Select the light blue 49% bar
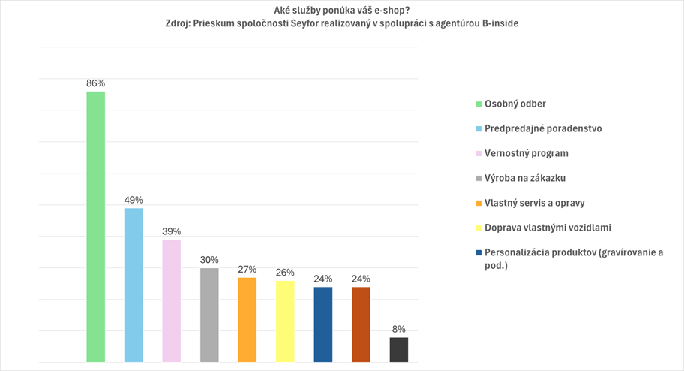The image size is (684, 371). click(x=133, y=285)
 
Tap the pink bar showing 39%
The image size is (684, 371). click(x=171, y=301)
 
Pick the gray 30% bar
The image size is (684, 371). click(x=209, y=315)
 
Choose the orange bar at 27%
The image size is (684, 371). click(x=247, y=320)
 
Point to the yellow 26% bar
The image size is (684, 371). click(x=285, y=321)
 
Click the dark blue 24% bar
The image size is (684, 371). click(x=323, y=324)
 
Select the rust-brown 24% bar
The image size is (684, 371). click(x=361, y=324)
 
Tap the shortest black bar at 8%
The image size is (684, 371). click(x=399, y=350)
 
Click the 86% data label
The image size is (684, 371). click(x=95, y=83)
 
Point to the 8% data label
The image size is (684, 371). click(x=399, y=329)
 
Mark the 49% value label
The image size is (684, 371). click(x=133, y=200)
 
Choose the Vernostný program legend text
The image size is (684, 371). click(x=526, y=153)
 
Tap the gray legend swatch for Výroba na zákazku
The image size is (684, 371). click(x=478, y=179)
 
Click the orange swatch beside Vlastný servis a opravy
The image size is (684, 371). click(x=478, y=204)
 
